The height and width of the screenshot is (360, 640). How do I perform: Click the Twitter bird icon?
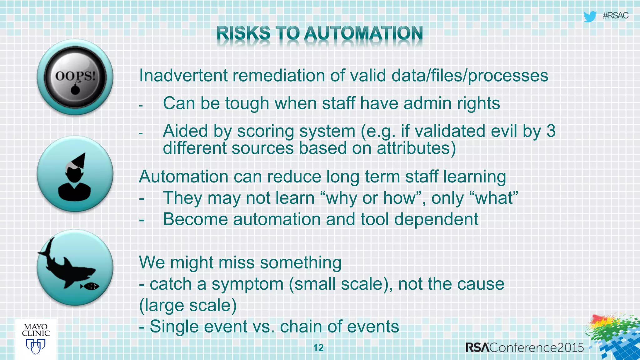point(590,16)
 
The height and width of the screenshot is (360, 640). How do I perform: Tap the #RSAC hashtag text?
point(615,16)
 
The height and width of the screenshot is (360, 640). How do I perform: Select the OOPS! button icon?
point(75,77)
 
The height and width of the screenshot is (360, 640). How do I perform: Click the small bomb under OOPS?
point(75,89)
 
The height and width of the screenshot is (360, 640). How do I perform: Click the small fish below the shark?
point(90,286)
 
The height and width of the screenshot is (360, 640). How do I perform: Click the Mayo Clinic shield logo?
point(36,346)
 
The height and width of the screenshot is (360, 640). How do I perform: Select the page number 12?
point(318,348)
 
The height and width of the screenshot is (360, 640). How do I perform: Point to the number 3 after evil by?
point(551,131)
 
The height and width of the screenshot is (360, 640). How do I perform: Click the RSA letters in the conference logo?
point(477,347)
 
